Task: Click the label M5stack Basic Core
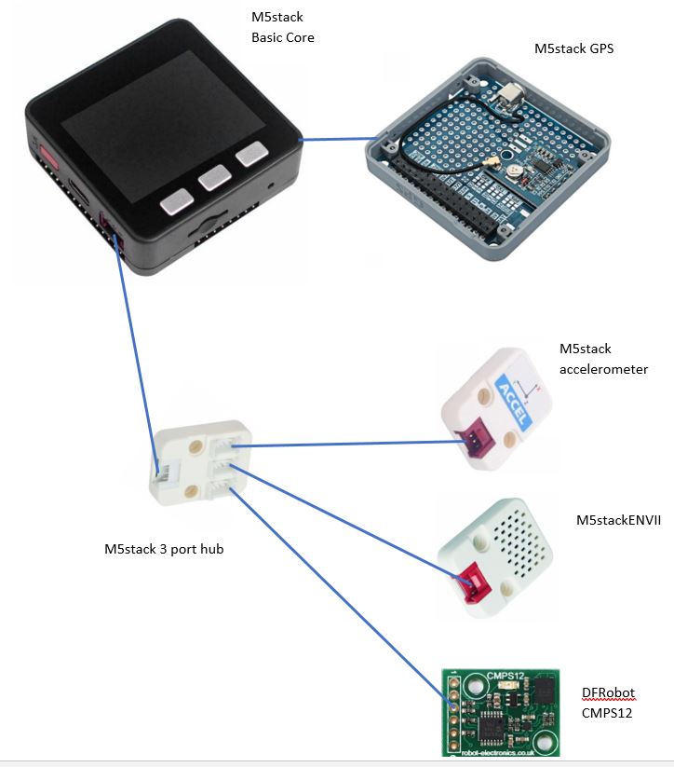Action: pos(283,28)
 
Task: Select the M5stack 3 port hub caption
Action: pos(164,548)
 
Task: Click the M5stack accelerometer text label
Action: pos(603,359)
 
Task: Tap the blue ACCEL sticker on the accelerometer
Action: pos(512,403)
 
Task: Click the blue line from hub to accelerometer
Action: pos(344,445)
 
